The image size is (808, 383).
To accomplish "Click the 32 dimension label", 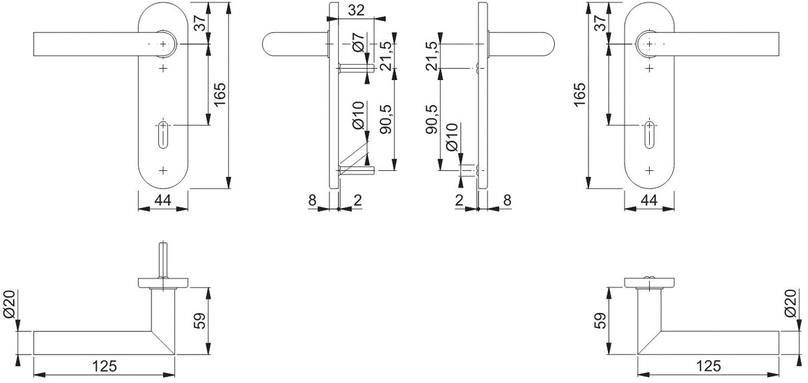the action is click(x=356, y=11).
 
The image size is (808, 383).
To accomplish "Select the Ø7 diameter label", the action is click(x=358, y=42).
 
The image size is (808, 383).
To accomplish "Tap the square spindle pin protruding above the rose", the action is click(x=163, y=260).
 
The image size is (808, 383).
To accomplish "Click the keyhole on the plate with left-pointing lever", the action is click(x=163, y=134).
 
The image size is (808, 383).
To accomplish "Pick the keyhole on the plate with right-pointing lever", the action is click(x=649, y=134).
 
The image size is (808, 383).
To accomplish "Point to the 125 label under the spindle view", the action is click(x=104, y=366).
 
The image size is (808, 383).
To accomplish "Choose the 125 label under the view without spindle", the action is click(x=708, y=366).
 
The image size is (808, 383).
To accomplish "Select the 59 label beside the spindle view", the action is click(x=199, y=320).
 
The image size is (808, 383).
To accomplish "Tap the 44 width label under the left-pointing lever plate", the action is click(x=163, y=200).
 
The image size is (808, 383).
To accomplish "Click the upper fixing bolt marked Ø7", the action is click(x=356, y=68).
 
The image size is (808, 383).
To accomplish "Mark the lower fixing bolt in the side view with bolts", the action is click(x=356, y=170).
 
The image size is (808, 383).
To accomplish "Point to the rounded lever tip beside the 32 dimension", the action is click(x=268, y=44).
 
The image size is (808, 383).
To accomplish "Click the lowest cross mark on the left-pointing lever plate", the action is click(x=163, y=170).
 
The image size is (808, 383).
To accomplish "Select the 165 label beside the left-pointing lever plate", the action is click(x=220, y=94).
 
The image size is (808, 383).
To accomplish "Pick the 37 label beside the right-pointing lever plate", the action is click(x=599, y=23).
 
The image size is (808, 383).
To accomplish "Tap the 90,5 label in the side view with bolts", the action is click(x=386, y=120).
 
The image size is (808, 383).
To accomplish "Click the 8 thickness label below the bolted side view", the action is click(x=312, y=200).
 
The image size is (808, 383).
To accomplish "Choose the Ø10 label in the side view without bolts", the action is click(x=452, y=137).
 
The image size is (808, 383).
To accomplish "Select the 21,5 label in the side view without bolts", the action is click(x=432, y=56).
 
